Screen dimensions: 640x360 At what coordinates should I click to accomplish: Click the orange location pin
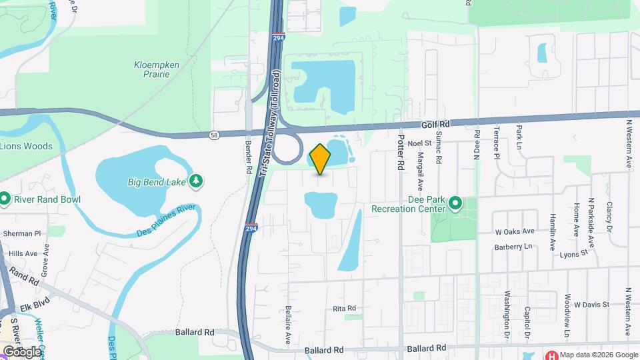point(320,159)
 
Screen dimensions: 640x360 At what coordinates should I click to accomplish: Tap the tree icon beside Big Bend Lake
point(196,181)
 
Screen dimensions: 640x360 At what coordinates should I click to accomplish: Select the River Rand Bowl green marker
point(5,199)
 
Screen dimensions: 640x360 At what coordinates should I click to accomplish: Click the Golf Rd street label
point(437,125)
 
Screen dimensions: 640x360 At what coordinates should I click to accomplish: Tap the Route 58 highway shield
point(213,135)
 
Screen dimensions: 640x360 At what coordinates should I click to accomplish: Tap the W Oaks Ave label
point(515,231)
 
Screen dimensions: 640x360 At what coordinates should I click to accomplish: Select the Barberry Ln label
point(515,246)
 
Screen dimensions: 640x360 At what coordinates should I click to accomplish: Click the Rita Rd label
point(345,309)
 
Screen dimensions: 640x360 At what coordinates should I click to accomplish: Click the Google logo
point(22,351)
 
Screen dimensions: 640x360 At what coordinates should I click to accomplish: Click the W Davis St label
point(590,304)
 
